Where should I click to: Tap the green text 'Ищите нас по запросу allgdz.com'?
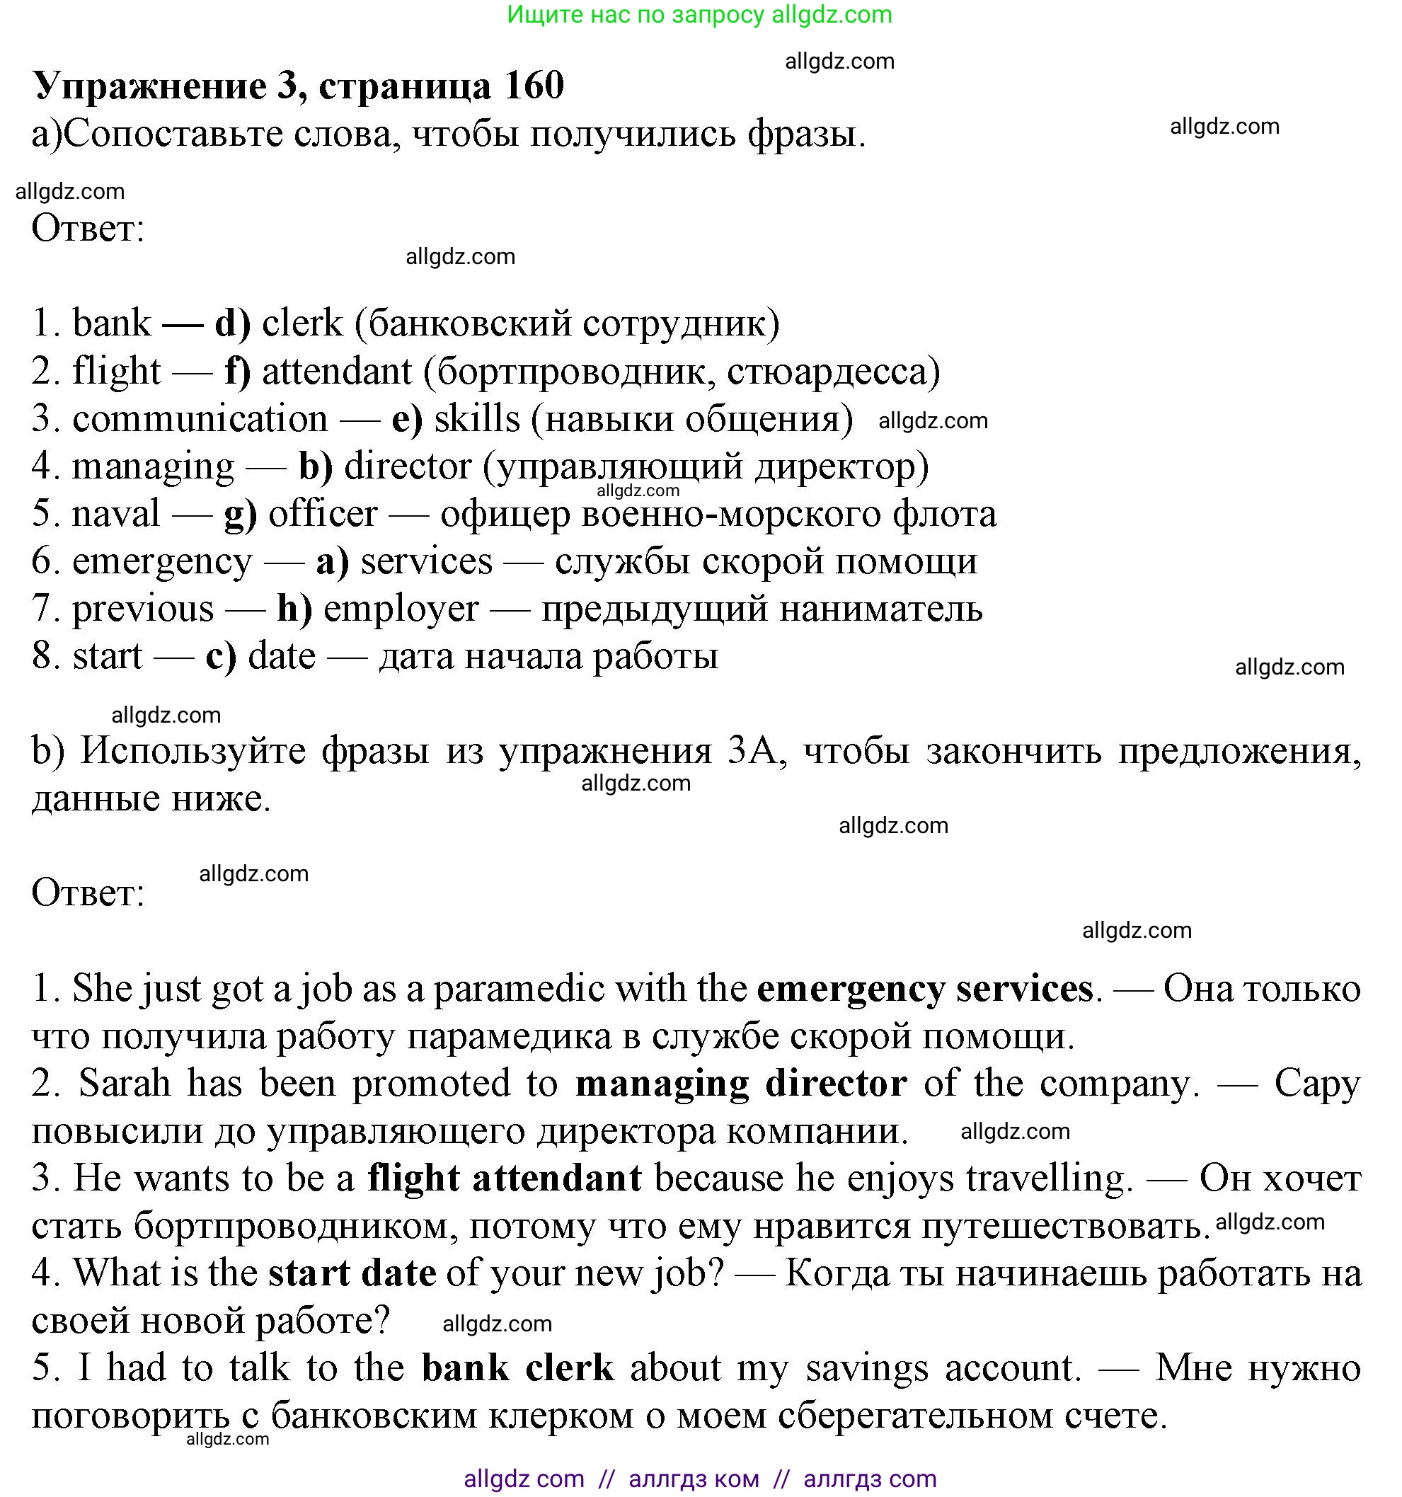699,14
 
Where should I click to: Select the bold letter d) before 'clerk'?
232,323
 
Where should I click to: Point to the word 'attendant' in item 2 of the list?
337,371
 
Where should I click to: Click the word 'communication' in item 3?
200,419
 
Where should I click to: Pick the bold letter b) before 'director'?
316,466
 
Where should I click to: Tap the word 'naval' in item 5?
116,514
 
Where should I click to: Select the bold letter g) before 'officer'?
240,515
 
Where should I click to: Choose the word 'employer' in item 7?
401,609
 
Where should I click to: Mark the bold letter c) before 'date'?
221,656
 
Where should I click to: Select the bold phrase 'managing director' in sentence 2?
741,1084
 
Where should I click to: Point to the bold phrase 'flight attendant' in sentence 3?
505,1178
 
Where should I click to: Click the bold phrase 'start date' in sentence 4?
352,1273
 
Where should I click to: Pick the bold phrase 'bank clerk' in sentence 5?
517,1368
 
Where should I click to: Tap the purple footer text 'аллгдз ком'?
694,1479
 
